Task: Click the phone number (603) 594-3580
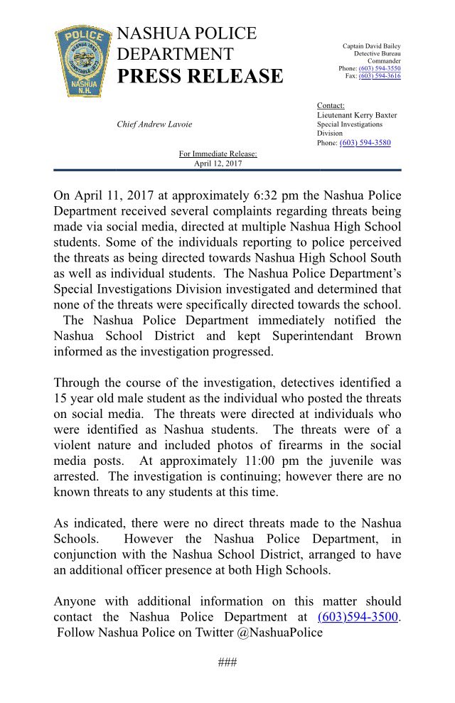tap(365, 143)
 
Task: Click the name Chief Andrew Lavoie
tap(154, 124)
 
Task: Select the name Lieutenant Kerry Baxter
tap(357, 115)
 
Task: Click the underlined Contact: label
tap(331, 106)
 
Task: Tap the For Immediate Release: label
tap(218, 154)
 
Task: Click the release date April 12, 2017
tap(218, 163)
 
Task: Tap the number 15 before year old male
tap(60, 399)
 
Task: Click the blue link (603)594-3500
tap(358, 617)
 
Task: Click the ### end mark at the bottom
tap(227, 663)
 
